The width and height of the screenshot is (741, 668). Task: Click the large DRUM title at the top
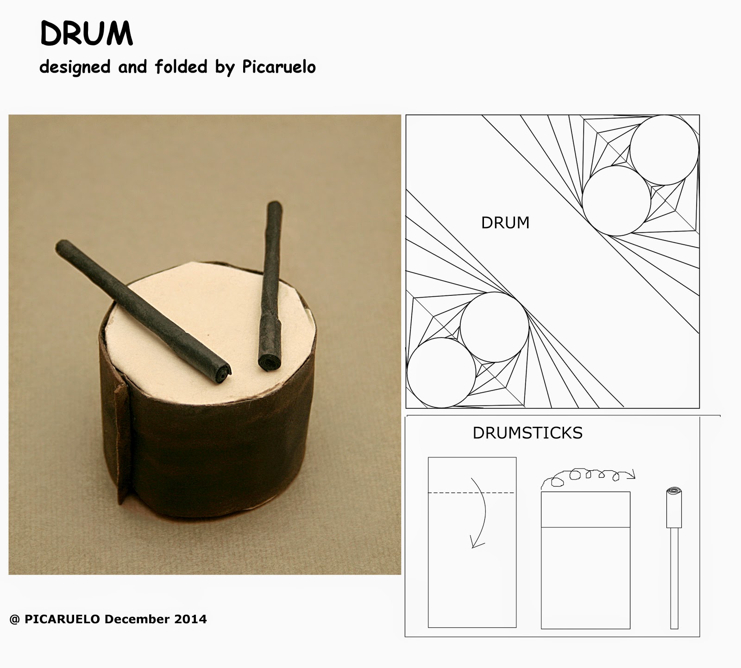click(87, 34)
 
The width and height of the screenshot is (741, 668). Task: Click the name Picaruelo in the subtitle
click(279, 67)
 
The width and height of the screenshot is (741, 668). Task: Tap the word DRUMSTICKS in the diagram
click(527, 433)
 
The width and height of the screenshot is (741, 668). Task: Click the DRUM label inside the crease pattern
click(505, 223)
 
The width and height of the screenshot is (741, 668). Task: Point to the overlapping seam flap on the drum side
click(122, 440)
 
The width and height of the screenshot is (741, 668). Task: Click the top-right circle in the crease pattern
click(664, 150)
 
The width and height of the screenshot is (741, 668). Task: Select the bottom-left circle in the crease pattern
click(441, 373)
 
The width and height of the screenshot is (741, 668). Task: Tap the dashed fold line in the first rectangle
click(471, 493)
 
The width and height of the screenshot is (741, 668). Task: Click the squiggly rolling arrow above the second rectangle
click(588, 477)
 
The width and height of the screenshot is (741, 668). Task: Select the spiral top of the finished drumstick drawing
click(674, 492)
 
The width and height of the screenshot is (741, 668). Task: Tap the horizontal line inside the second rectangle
click(585, 527)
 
